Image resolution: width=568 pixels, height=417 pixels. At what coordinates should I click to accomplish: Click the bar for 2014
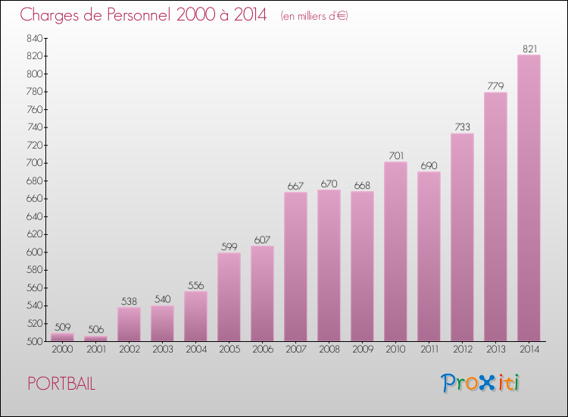[x=529, y=197]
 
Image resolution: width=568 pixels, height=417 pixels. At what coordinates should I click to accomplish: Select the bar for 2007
[x=295, y=266]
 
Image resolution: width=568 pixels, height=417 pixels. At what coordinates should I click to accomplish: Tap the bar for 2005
[x=229, y=296]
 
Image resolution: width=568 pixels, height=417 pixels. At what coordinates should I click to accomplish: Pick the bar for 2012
[x=462, y=237]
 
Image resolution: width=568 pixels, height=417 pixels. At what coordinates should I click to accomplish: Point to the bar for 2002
[x=129, y=324]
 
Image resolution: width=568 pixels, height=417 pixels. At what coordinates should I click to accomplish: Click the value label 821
[x=529, y=49]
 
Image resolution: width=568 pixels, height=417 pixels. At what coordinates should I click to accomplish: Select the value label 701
[x=395, y=156]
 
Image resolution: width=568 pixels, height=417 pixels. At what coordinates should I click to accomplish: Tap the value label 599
[x=229, y=247]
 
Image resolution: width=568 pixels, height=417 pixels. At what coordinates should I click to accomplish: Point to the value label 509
[x=62, y=328]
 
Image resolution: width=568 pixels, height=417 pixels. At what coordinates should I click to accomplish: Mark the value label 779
[x=495, y=86]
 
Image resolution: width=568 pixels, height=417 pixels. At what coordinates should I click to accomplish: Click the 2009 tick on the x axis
[x=362, y=350]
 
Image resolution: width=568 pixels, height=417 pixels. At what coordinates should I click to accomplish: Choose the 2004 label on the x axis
[x=195, y=350]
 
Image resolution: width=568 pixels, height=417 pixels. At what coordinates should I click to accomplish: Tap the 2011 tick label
[x=429, y=350]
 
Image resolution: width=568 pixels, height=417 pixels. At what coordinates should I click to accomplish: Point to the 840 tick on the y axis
[x=34, y=38]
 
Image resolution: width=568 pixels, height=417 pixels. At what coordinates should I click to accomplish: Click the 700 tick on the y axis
[x=34, y=163]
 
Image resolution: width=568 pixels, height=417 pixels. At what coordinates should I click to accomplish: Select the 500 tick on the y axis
[x=34, y=341]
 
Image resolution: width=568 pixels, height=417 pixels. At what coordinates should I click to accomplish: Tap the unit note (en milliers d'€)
[x=314, y=16]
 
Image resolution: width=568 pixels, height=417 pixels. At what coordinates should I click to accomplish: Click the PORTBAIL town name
[x=61, y=384]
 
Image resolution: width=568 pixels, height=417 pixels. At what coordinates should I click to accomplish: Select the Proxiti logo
[x=481, y=383]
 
